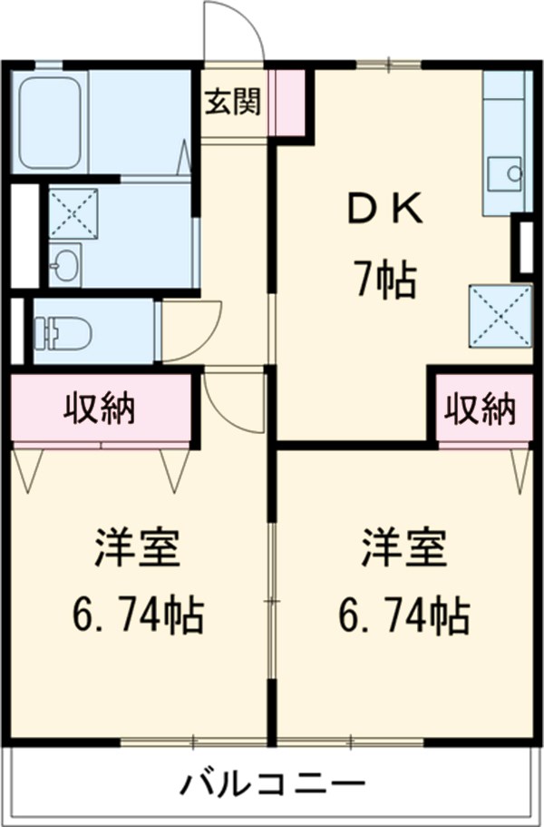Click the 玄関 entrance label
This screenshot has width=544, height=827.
tap(233, 102)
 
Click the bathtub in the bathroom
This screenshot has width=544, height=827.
tap(50, 123)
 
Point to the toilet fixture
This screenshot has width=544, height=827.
tap(63, 333)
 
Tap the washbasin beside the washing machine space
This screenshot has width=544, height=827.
tap(64, 265)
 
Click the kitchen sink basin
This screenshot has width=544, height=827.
tap(504, 173)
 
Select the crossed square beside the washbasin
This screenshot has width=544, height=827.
tap(73, 213)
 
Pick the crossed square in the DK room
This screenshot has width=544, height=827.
tap(500, 317)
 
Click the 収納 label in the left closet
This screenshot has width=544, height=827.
tap(100, 408)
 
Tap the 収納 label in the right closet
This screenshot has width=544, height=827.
tap(480, 409)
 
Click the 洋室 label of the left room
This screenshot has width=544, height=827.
tap(138, 548)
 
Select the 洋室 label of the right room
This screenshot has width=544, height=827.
tap(404, 548)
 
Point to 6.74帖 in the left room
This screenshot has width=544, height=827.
tap(138, 615)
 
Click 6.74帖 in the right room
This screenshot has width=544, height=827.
tap(403, 615)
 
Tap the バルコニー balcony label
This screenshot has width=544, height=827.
tap(272, 783)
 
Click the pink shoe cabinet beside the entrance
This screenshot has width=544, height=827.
tap(287, 103)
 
